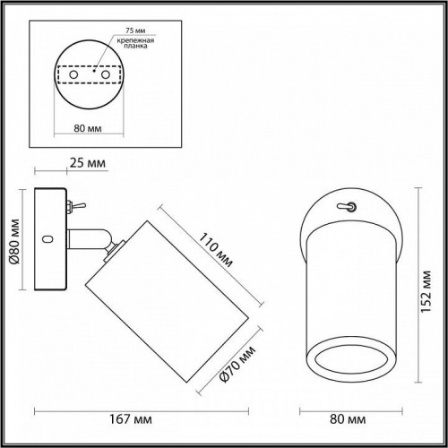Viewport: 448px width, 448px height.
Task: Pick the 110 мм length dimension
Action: tap(215, 250)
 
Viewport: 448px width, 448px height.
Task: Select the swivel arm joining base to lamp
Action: tap(91, 240)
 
